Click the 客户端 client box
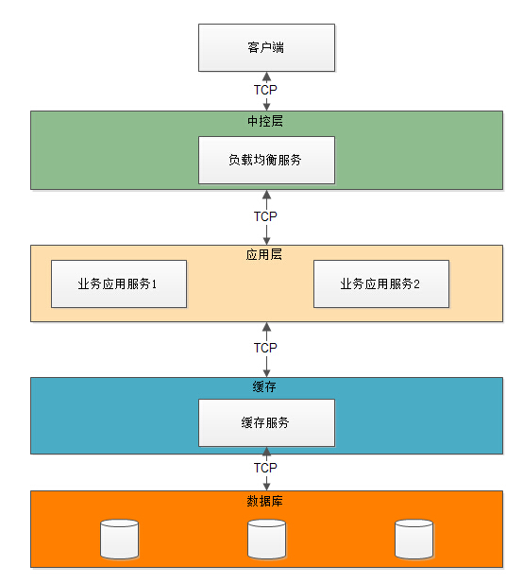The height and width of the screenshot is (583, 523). [x=267, y=47]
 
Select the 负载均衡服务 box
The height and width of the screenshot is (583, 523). [x=267, y=160]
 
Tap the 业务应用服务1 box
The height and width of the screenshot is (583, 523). [x=119, y=283]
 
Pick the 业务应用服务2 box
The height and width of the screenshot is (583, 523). [x=381, y=283]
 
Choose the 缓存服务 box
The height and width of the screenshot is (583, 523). [x=267, y=422]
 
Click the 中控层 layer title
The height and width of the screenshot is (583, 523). [x=265, y=121]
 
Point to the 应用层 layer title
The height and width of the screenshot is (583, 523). [x=264, y=255]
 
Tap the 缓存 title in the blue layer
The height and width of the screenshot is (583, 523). [x=264, y=387]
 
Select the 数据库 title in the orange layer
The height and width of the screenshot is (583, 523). [x=265, y=501]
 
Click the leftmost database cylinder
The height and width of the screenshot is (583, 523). [x=120, y=540]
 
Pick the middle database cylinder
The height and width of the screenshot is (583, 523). [x=267, y=540]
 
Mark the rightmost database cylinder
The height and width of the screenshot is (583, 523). [x=413, y=540]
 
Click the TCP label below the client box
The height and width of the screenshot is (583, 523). [x=265, y=90]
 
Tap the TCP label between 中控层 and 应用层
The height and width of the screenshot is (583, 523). [x=265, y=216]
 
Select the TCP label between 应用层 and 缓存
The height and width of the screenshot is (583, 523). [x=265, y=348]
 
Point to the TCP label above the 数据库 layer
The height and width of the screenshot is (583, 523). [x=265, y=468]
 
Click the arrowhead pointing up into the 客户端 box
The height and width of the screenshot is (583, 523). [x=267, y=77]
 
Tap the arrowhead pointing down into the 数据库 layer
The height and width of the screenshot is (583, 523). [x=267, y=487]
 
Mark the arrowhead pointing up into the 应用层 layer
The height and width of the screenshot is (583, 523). [x=267, y=327]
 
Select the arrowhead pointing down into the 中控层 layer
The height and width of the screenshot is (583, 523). [x=267, y=107]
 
